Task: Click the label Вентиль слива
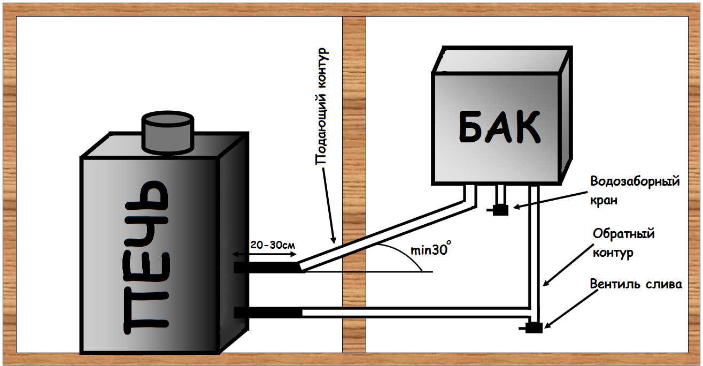pos(636,284)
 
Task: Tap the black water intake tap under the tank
pos(500,210)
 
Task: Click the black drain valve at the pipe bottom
pos(533,327)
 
